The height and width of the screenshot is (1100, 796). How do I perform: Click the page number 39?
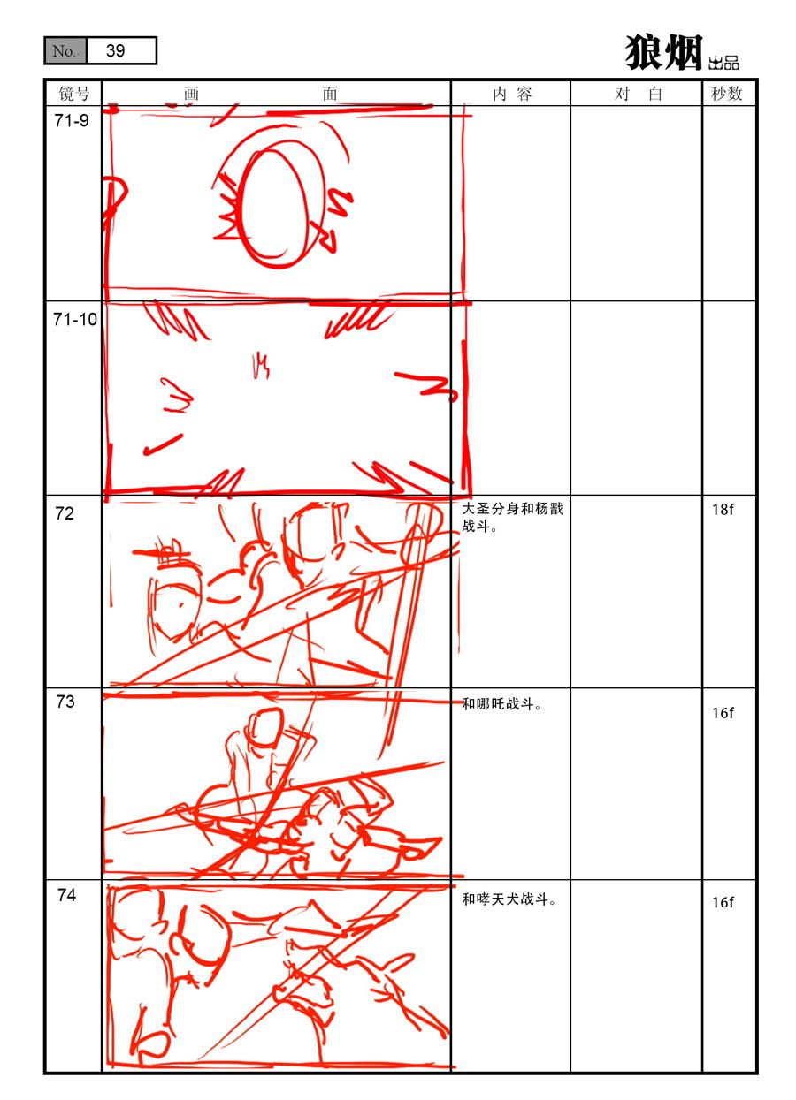coord(116,50)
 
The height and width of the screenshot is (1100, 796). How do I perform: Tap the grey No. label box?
coord(65,50)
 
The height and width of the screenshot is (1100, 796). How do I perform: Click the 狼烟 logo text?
coord(663,52)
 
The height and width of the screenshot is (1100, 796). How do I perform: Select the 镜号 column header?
coord(74,94)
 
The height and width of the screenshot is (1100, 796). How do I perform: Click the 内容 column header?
coord(512,94)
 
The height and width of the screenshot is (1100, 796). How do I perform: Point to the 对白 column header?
coord(638,94)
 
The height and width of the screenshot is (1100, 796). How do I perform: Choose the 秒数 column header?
coord(726,94)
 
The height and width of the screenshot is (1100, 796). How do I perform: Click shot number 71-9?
coord(72,121)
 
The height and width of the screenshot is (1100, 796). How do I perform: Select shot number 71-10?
coord(75,320)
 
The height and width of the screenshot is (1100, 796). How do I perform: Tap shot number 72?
coord(65,513)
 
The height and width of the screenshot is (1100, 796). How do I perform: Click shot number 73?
coord(65,702)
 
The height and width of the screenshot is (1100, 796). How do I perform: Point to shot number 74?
coord(66,895)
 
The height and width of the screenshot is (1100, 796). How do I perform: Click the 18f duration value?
coord(723,510)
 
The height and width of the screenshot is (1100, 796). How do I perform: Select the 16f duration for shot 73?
coord(723,712)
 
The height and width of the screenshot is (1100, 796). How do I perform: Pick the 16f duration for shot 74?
coord(723,902)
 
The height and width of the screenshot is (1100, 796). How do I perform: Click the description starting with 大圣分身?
coord(512,518)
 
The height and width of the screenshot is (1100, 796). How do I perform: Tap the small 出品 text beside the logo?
coord(723,63)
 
